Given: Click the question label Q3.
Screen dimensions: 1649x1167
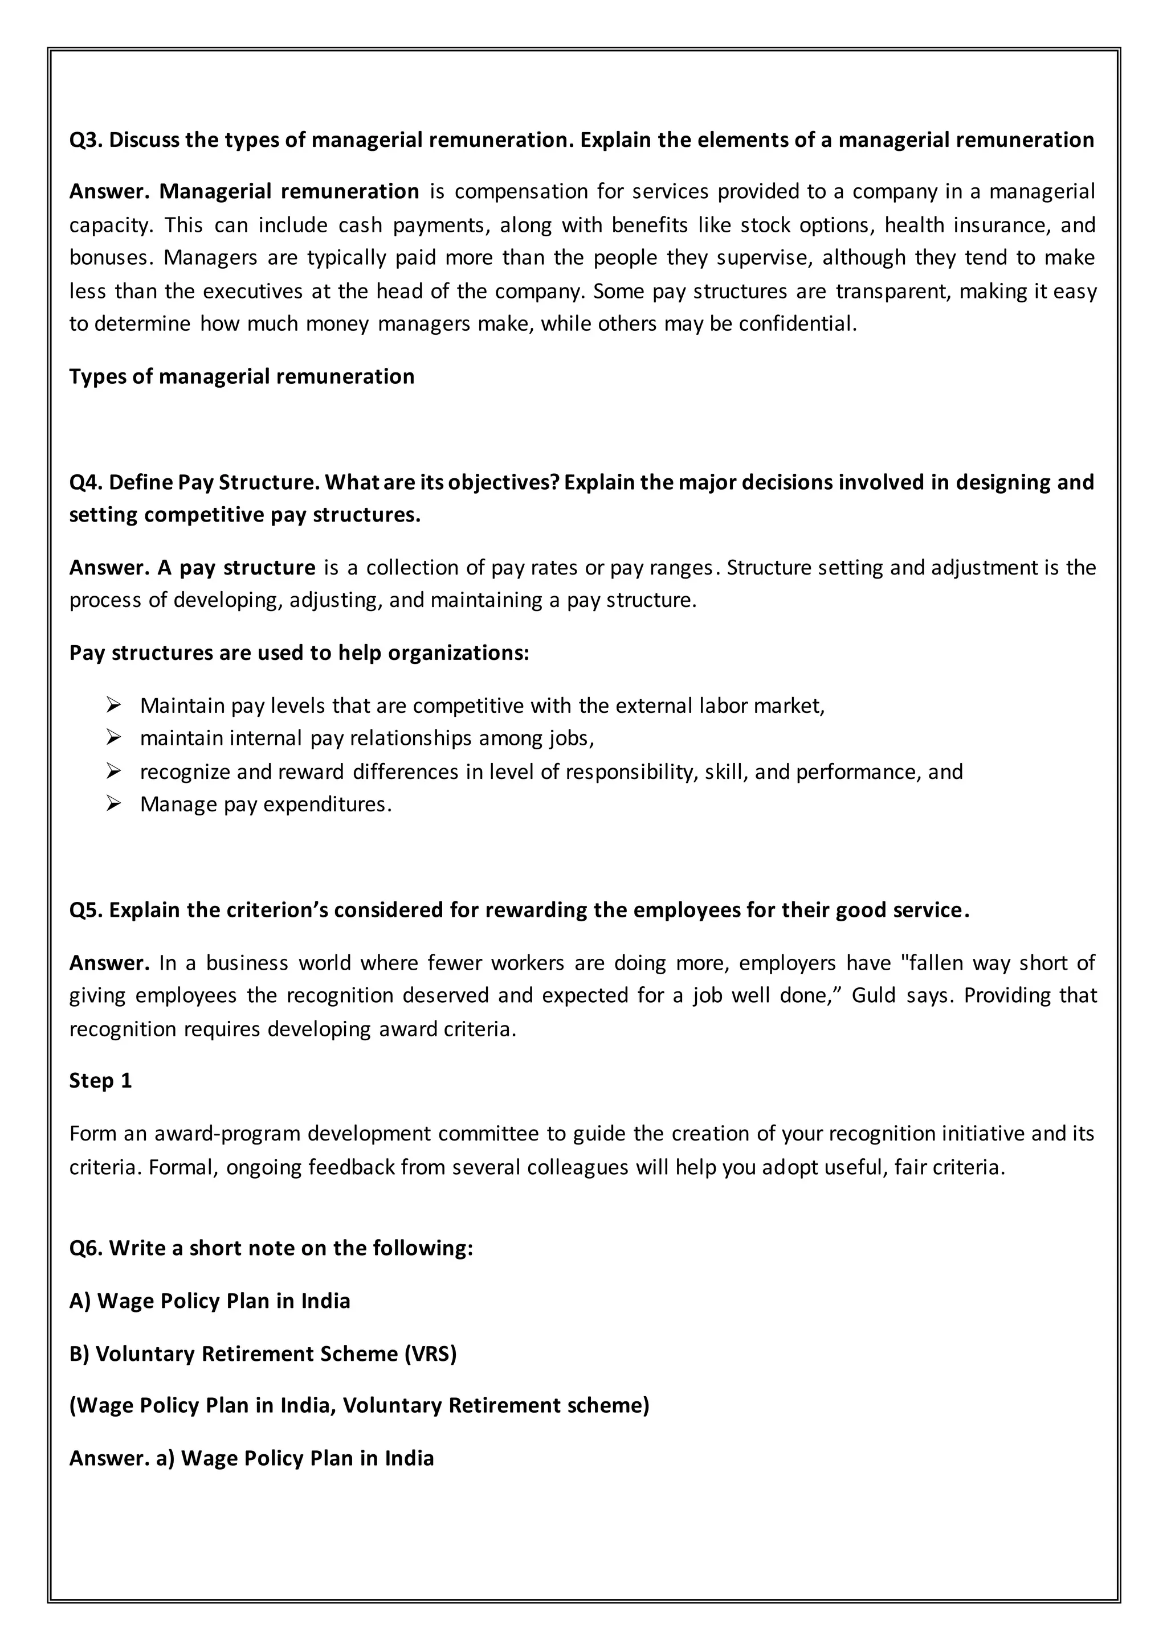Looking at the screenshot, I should (x=86, y=140).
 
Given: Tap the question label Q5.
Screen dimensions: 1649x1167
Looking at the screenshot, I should (x=86, y=910).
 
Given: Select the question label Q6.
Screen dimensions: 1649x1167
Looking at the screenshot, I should (x=86, y=1248).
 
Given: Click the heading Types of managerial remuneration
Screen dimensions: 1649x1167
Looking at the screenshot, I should (x=242, y=376).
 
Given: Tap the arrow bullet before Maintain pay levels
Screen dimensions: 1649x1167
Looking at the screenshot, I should (x=113, y=705).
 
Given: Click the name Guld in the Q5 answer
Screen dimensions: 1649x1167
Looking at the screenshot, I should (x=874, y=995).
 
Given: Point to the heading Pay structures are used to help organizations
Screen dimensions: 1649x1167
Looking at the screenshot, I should (x=299, y=653).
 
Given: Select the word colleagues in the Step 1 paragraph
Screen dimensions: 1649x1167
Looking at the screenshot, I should (x=578, y=1167).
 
